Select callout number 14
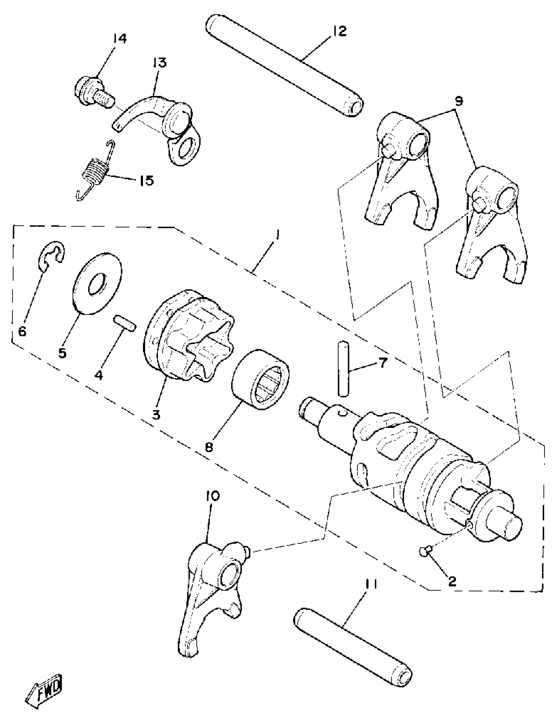pyautogui.click(x=119, y=39)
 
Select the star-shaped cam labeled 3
pyautogui.click(x=189, y=335)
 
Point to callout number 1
pyautogui.click(x=277, y=236)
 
